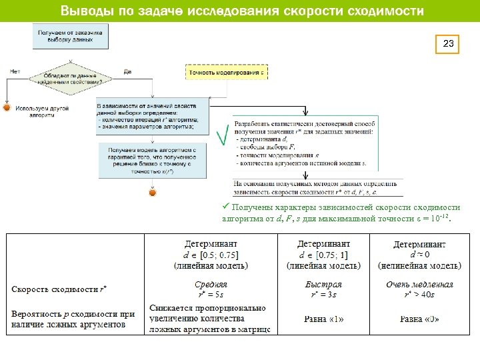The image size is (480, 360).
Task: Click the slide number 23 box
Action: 449,45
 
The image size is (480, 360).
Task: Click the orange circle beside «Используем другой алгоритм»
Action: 7,107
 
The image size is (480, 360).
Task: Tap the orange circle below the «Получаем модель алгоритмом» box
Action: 152,193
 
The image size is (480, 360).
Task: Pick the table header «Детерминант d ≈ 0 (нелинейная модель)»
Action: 421,255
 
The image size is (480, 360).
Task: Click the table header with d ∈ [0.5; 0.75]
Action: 211,254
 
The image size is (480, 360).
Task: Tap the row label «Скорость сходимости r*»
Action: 59,289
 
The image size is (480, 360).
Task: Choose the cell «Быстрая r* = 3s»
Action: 323,289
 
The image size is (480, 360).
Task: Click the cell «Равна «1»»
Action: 323,319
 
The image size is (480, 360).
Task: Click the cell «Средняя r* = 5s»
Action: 211,289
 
